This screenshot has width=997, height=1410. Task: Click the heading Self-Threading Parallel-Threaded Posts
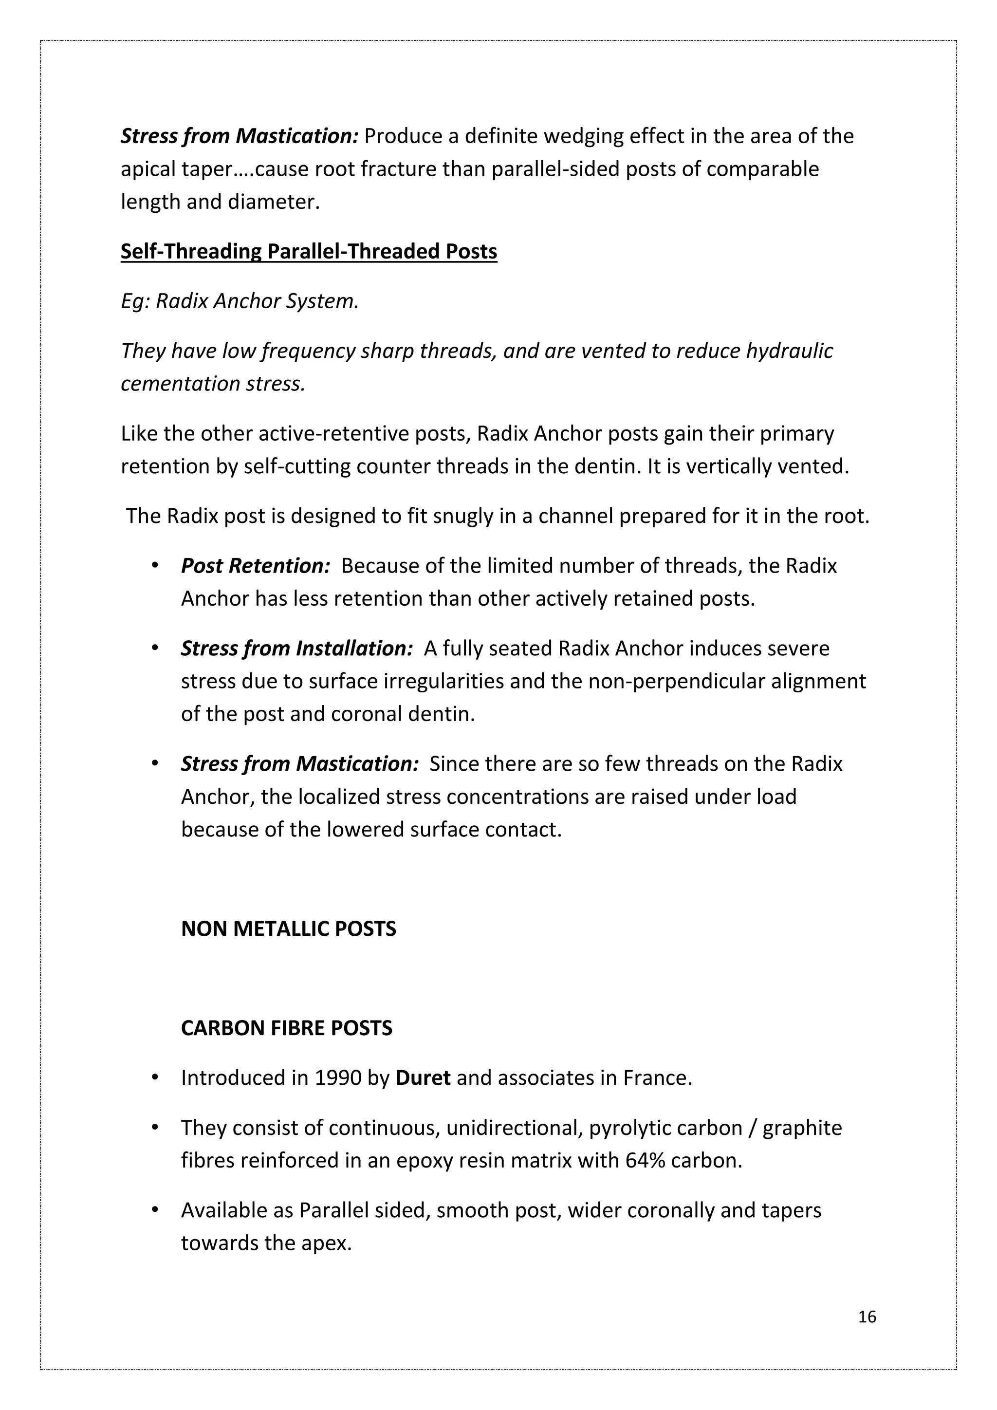[308, 252]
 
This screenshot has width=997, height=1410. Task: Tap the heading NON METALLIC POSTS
[289, 928]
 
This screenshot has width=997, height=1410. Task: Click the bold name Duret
[423, 1078]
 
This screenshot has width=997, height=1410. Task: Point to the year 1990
[338, 1078]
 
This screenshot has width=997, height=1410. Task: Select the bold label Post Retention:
[256, 566]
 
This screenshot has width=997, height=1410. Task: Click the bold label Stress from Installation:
[296, 649]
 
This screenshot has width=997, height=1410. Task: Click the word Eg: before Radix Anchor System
[135, 301]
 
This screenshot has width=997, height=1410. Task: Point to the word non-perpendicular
[668, 682]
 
